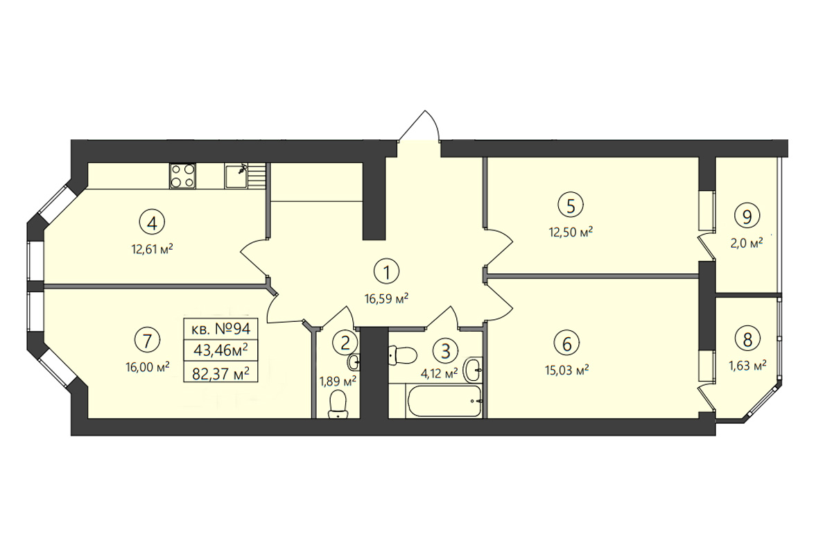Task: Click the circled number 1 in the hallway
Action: (x=387, y=272)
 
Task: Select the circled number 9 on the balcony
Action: (x=747, y=216)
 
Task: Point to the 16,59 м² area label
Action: (x=387, y=298)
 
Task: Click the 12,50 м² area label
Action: (x=571, y=232)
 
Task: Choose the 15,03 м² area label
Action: (x=567, y=370)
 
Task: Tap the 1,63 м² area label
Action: (x=747, y=366)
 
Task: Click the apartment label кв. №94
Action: (x=220, y=329)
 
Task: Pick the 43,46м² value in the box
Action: (x=220, y=350)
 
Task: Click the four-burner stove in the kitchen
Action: (x=183, y=176)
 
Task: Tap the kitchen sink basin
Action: (x=236, y=177)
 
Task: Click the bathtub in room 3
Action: (x=444, y=401)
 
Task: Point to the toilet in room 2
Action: (x=338, y=406)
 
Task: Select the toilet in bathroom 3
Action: (x=401, y=356)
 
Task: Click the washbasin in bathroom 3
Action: (x=474, y=369)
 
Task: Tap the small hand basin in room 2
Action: (x=354, y=361)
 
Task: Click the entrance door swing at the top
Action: (x=419, y=126)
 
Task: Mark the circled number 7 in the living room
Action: (x=147, y=340)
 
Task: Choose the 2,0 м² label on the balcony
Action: (x=747, y=243)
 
